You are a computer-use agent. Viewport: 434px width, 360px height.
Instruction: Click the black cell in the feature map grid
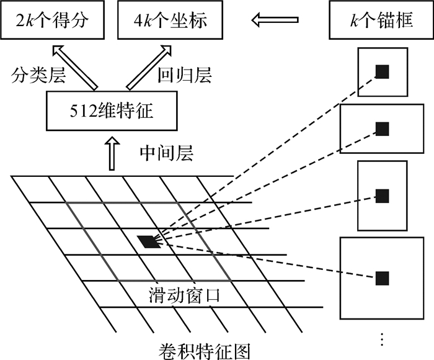click(x=149, y=241)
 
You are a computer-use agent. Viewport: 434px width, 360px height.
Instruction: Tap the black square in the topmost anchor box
click(x=383, y=71)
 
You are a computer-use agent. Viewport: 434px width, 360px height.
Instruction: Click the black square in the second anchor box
click(x=383, y=129)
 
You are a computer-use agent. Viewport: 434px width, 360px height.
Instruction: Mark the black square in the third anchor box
click(x=383, y=196)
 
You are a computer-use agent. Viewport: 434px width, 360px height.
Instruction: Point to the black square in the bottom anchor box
click(x=383, y=277)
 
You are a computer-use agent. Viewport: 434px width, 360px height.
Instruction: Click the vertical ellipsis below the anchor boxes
click(x=382, y=339)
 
